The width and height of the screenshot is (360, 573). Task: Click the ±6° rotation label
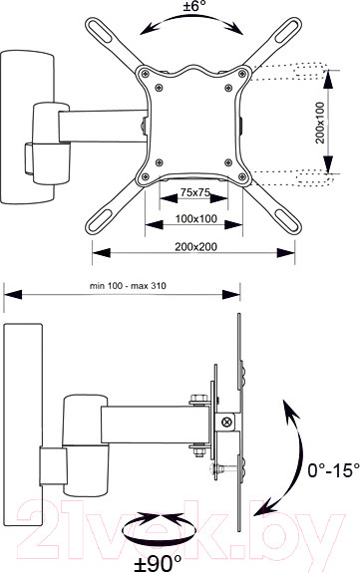(x=194, y=6)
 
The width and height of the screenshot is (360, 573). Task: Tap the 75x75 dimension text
(x=195, y=192)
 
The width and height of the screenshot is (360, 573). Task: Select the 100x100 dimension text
(x=196, y=219)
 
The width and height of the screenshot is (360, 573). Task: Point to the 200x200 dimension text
(x=195, y=247)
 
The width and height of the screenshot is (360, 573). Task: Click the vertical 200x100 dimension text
(x=320, y=123)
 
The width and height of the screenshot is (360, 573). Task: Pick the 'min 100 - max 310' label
(x=128, y=286)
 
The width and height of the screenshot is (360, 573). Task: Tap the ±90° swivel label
(x=158, y=564)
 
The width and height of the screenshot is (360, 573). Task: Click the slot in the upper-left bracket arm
(x=100, y=31)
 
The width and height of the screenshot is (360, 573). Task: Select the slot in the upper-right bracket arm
(x=287, y=31)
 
